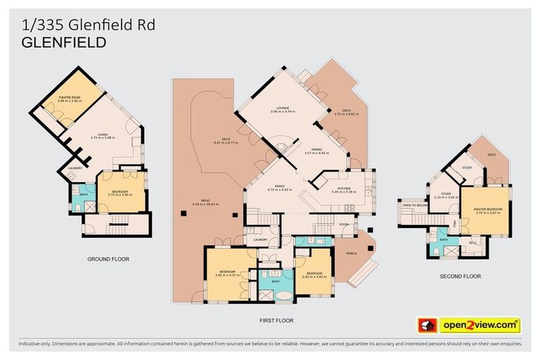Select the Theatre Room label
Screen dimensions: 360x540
(68, 97)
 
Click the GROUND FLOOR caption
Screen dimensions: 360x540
(108, 259)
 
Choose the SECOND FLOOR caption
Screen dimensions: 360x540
(461, 276)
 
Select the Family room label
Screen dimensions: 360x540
(279, 187)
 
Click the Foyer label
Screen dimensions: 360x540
(344, 224)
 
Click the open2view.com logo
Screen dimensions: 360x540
(480, 326)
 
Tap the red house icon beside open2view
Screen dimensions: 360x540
(425, 326)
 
